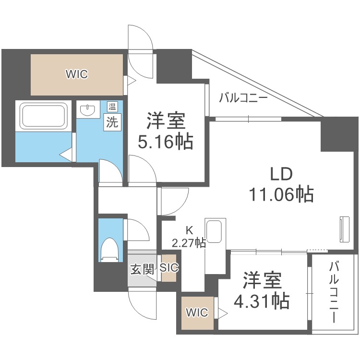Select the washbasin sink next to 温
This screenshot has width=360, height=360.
87,111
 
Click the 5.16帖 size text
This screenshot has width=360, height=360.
166,142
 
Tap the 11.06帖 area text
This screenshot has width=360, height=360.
281,194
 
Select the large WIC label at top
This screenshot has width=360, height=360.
77,74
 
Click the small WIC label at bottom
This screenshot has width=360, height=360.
197,313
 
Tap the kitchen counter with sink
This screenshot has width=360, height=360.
214,245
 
